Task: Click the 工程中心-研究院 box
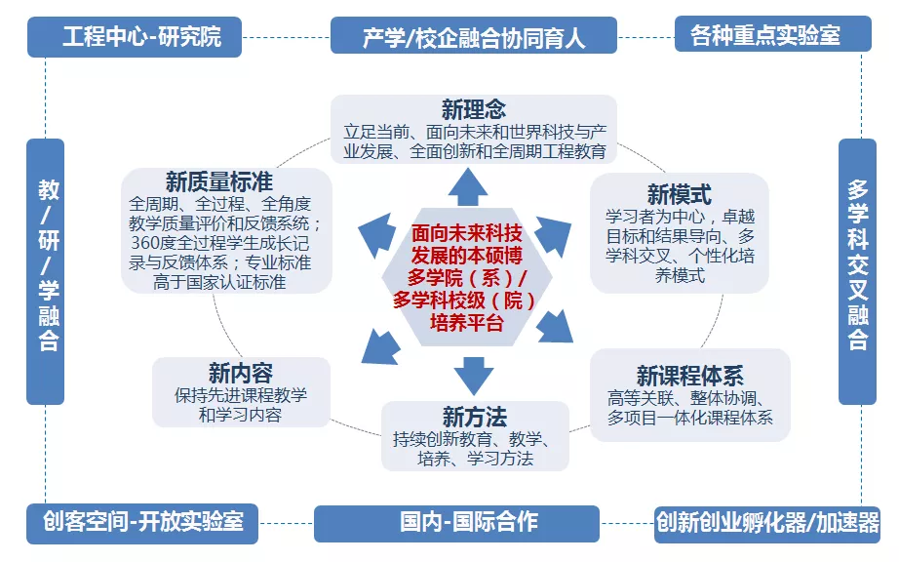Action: pyautogui.click(x=142, y=37)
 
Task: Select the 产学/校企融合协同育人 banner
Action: pyautogui.click(x=474, y=37)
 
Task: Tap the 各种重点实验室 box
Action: pyautogui.click(x=771, y=36)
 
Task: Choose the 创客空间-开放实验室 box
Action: pyautogui.click(x=142, y=523)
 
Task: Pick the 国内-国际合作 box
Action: pyautogui.click(x=469, y=522)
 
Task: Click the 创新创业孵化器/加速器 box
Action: pyautogui.click(x=767, y=522)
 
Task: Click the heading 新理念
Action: pyautogui.click(x=474, y=108)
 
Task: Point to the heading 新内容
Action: pyautogui.click(x=240, y=373)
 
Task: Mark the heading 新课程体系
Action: pyautogui.click(x=689, y=376)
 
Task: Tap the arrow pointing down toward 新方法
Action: pyautogui.click(x=474, y=373)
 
